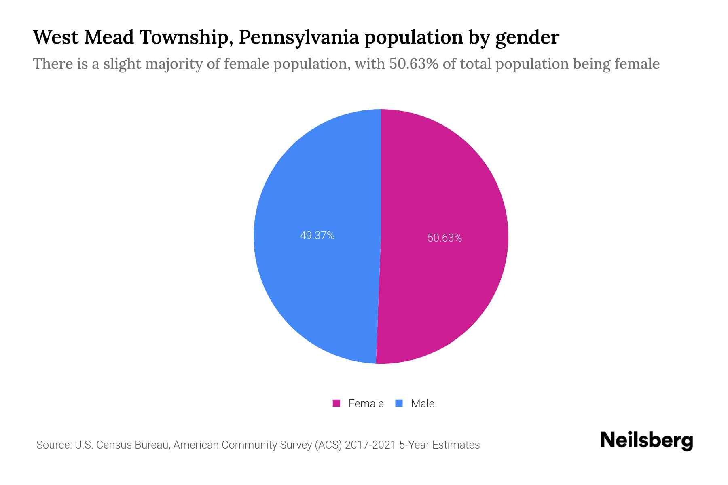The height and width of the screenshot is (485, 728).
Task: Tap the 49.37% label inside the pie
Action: (317, 236)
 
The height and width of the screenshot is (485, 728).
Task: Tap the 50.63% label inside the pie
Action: (444, 238)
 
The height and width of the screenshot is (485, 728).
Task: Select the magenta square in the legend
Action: (336, 403)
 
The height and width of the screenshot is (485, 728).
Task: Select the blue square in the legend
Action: (399, 403)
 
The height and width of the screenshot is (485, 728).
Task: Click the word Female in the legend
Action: (366, 403)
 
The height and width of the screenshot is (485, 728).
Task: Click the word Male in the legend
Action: (423, 403)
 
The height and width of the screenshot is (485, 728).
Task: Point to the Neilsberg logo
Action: (646, 440)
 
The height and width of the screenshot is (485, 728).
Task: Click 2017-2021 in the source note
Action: (370, 445)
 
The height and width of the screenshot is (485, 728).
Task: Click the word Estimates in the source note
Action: (456, 445)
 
